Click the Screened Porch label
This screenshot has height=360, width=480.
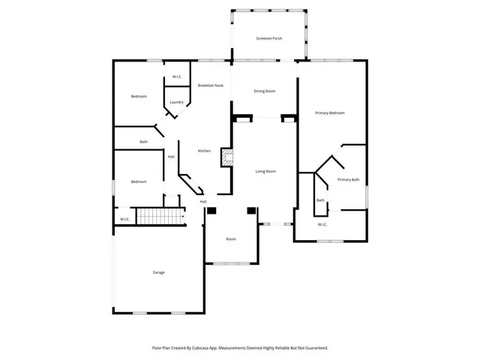[268, 37]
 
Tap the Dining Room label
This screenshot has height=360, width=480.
[265, 91]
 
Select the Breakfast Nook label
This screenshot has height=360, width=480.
[210, 85]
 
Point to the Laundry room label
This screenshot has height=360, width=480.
[176, 102]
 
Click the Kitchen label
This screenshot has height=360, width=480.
[204, 151]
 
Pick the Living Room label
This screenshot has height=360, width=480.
[266, 171]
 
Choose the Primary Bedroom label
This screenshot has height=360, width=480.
[330, 112]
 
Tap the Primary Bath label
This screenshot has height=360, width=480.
[349, 180]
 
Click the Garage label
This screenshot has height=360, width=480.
[159, 272]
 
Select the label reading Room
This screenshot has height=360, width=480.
[231, 238]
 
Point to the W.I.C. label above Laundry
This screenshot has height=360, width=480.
[178, 76]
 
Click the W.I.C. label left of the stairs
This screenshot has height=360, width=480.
[124, 219]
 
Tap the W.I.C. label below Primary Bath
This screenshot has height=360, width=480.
[322, 223]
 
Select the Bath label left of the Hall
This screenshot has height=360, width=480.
[143, 142]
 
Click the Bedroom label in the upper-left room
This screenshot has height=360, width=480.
[139, 96]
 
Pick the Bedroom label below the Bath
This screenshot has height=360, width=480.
[139, 181]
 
